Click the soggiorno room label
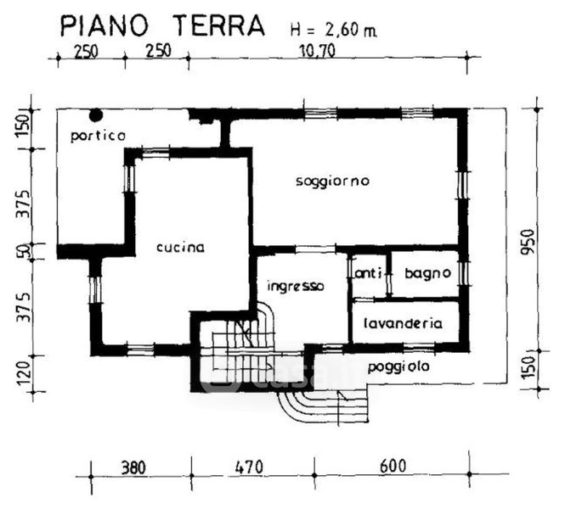[x=332, y=181]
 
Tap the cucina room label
[x=180, y=247]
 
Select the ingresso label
[x=296, y=286]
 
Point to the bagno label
[x=427, y=273]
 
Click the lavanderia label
[x=403, y=323]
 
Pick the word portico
[x=98, y=136]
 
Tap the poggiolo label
[x=398, y=367]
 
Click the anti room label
[x=368, y=274]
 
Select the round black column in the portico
[x=96, y=115]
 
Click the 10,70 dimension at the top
[x=317, y=51]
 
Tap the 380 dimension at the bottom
[x=133, y=467]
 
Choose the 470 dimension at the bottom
[x=249, y=467]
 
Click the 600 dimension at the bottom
[x=393, y=467]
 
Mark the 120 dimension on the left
[x=24, y=373]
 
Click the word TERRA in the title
[x=218, y=25]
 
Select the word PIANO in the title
[x=105, y=26]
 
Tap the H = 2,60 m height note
[x=333, y=30]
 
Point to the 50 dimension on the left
[x=25, y=251]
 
